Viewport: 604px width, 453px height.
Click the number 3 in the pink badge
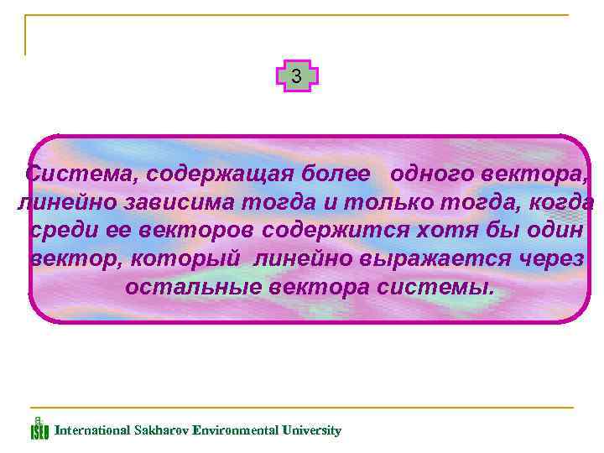point(296,76)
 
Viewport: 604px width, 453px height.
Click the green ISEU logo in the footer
point(39,430)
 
